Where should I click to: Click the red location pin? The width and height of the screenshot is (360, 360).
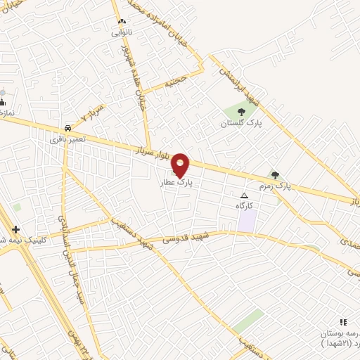[x=181, y=164]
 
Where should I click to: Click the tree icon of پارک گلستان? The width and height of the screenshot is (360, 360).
[x=241, y=111]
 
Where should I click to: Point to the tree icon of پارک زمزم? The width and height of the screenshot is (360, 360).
[x=275, y=175]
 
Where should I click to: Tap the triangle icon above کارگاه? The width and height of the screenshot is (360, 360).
[x=244, y=195]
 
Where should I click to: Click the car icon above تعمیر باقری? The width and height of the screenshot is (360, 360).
[x=67, y=129]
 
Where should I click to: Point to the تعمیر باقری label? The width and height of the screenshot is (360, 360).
[x=67, y=139]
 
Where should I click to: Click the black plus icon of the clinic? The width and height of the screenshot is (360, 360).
[x=15, y=229]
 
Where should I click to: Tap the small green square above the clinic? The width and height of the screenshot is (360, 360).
[x=16, y=207]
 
